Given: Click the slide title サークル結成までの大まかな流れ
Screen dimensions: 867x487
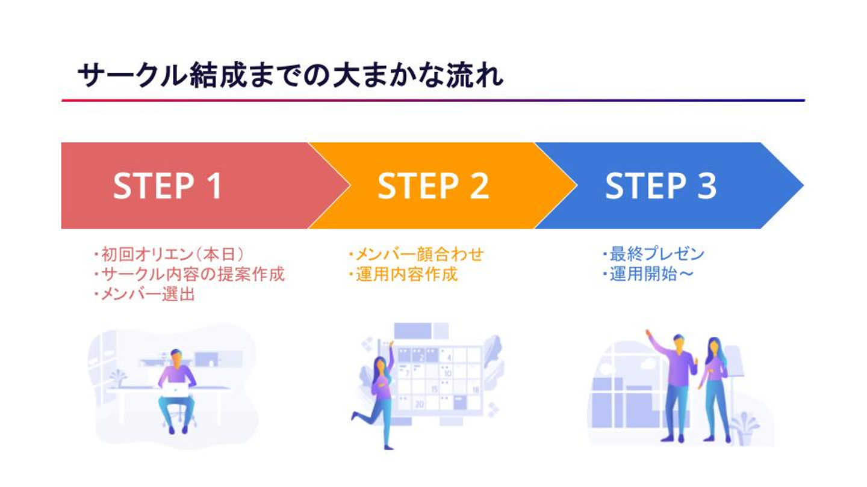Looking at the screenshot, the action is (290, 75).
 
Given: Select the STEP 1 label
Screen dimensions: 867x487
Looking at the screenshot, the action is (167, 186).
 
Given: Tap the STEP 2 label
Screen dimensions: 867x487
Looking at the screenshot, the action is (433, 186).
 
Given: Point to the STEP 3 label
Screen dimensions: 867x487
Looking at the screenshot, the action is (660, 186).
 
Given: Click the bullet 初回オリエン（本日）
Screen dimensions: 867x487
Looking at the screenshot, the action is (169, 254).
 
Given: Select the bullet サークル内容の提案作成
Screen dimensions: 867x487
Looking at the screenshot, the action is (189, 274).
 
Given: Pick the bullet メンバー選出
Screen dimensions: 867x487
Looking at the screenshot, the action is (144, 295).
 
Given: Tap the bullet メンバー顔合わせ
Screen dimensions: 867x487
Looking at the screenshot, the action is (416, 254).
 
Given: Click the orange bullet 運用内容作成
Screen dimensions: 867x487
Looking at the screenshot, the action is (403, 274).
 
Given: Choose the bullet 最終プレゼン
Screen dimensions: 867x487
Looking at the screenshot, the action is (653, 254).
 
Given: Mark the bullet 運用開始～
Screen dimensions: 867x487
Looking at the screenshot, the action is (648, 274).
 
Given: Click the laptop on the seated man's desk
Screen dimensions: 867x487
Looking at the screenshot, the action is (175, 389).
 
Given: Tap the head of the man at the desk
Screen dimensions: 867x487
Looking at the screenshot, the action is (176, 358).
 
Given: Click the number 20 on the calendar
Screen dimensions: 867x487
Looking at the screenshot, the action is (419, 404).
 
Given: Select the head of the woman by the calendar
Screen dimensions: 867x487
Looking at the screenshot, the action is (381, 365).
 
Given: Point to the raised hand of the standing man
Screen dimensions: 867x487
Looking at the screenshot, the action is (648, 333).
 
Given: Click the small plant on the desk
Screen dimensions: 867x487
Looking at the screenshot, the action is (118, 378).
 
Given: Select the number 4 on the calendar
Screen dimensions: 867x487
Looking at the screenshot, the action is (449, 358).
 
